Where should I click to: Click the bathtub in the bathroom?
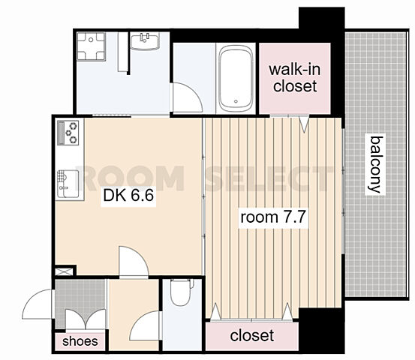pos(236,79)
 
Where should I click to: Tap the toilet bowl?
pos(181,292)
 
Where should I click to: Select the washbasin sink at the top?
pos(145,41)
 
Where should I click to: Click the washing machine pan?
pos(91,46)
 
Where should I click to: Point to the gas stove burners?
pos(68,133)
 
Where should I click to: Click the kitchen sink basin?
pos(68,184)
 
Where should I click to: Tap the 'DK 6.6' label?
pos(128,196)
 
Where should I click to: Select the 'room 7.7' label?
pos(273,217)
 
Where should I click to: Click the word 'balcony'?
pos(375,164)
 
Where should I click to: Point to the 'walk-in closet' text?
pos(295,78)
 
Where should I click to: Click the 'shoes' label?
pos(80,341)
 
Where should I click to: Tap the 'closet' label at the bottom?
pos(252,336)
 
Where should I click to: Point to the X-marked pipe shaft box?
pos(64,271)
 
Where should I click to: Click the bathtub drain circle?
pos(236,101)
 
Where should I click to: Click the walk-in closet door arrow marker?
pos(305,124)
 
